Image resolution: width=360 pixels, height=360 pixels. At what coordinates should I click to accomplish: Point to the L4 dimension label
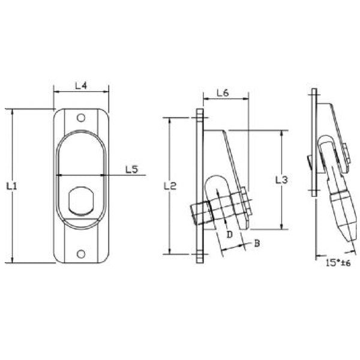(x=81, y=86)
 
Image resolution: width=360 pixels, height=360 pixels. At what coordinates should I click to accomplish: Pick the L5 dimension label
(x=132, y=169)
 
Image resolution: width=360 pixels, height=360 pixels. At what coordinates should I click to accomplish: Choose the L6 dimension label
(x=222, y=93)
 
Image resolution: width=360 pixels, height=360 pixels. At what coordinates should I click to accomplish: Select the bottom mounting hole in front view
(x=81, y=254)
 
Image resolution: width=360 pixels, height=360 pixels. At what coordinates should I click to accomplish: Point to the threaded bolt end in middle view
(x=199, y=213)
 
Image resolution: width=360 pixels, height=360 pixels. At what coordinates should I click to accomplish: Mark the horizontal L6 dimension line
(x=225, y=100)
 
